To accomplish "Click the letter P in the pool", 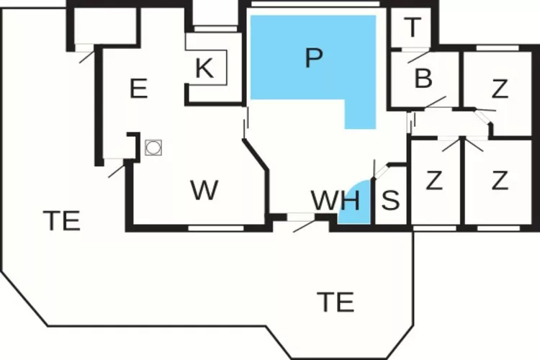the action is [314, 58].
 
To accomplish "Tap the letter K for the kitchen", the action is [204, 68].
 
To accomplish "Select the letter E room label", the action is [139, 89].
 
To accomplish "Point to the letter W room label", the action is [204, 190].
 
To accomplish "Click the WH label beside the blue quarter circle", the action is [336, 200].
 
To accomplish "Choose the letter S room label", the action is [391, 200].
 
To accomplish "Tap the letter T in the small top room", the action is [413, 27].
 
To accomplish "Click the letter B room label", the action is [423, 78].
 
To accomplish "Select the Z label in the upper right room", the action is [500, 89].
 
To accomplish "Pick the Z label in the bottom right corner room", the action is [500, 180].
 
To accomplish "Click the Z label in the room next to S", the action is [434, 180].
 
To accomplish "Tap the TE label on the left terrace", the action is [62, 220].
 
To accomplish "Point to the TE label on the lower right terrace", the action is [336, 302].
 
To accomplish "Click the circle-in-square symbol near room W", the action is [153, 148].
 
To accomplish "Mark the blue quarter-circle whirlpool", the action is [354, 202].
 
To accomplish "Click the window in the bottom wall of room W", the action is [216, 228].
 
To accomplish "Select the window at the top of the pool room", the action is [315, 4].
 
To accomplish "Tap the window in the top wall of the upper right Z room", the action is [498, 48].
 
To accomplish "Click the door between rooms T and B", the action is [415, 49].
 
